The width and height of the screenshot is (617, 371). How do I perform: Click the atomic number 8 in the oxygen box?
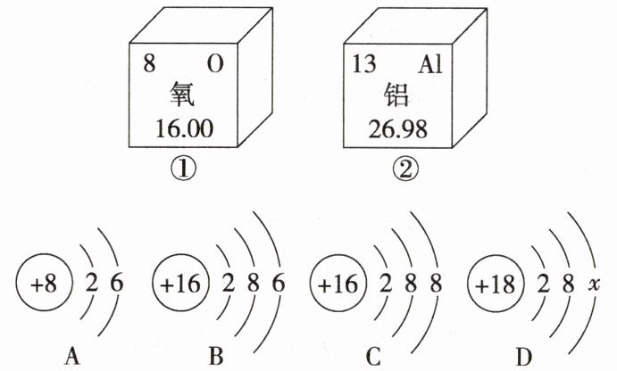148,64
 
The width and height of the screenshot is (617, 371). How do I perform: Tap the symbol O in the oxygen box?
215,64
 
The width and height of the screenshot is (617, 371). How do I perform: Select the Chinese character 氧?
180,96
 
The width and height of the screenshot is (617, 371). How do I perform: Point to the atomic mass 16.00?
181,129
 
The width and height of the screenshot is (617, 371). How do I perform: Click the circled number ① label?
183,167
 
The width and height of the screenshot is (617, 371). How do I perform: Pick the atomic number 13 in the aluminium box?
363,64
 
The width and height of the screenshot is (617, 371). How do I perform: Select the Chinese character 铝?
397,96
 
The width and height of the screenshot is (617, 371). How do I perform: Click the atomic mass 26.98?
397,129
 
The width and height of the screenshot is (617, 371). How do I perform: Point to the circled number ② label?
398,167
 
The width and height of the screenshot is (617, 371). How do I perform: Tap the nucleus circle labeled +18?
493,285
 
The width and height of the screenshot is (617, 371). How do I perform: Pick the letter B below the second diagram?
214,357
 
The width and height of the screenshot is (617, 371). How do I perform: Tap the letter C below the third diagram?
373,357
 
